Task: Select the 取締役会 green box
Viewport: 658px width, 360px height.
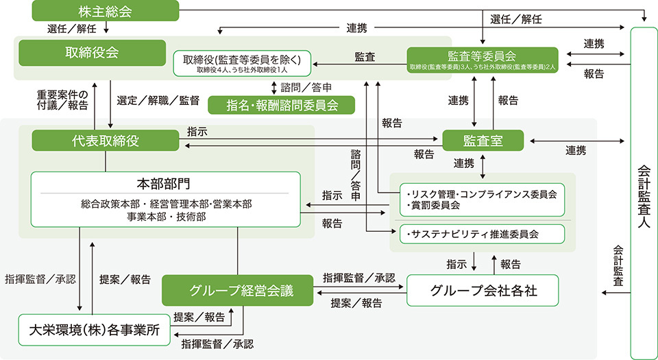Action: tap(92, 53)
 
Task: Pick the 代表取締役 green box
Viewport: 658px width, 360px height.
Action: tap(106, 141)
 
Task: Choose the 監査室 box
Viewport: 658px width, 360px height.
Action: tap(483, 141)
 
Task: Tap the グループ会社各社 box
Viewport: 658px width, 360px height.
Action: tap(483, 290)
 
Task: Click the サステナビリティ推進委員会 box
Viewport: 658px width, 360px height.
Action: tap(477, 234)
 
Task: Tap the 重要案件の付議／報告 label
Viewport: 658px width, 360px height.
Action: tap(63, 99)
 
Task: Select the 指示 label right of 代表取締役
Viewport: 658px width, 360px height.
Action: tap(196, 130)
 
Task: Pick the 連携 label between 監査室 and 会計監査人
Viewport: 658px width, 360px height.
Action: tap(576, 150)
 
